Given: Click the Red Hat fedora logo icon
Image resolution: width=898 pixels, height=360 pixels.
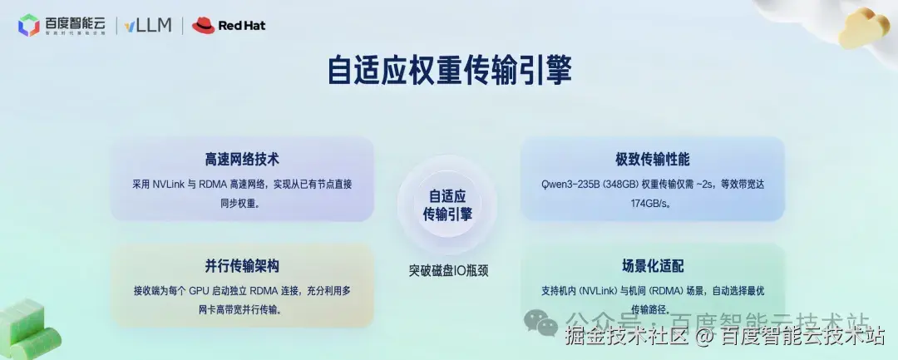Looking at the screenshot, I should point(204,26).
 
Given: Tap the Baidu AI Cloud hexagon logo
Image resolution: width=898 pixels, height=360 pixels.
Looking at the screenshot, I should point(29,26).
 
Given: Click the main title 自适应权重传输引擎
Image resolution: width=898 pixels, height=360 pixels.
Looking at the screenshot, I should point(449,72).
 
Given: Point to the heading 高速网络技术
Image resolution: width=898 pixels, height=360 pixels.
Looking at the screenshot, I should point(242,159).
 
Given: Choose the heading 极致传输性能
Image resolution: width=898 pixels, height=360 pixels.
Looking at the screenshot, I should point(653,159).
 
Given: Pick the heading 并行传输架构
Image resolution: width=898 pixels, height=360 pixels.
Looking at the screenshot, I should point(242,266).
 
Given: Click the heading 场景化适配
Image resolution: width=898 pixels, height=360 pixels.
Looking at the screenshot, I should point(653,266).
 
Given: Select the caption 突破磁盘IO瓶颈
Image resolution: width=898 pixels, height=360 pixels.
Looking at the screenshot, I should point(448,269).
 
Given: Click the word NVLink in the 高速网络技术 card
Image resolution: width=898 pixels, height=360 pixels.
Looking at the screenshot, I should point(170,183).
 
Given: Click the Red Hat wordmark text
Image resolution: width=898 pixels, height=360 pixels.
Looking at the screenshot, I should point(241,26).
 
